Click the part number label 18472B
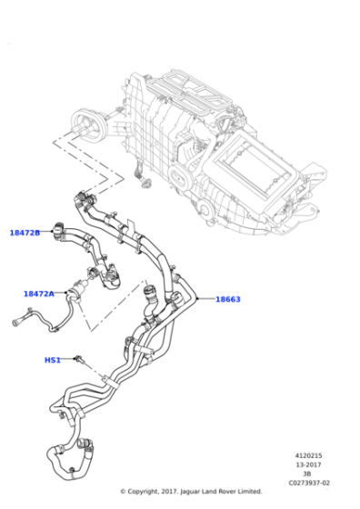[25, 233]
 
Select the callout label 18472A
[38, 294]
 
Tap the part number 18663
[227, 299]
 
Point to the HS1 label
[53, 360]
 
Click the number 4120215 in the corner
[309, 455]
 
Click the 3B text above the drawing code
[309, 474]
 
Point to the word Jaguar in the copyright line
[197, 492]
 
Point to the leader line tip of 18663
[195, 297]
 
